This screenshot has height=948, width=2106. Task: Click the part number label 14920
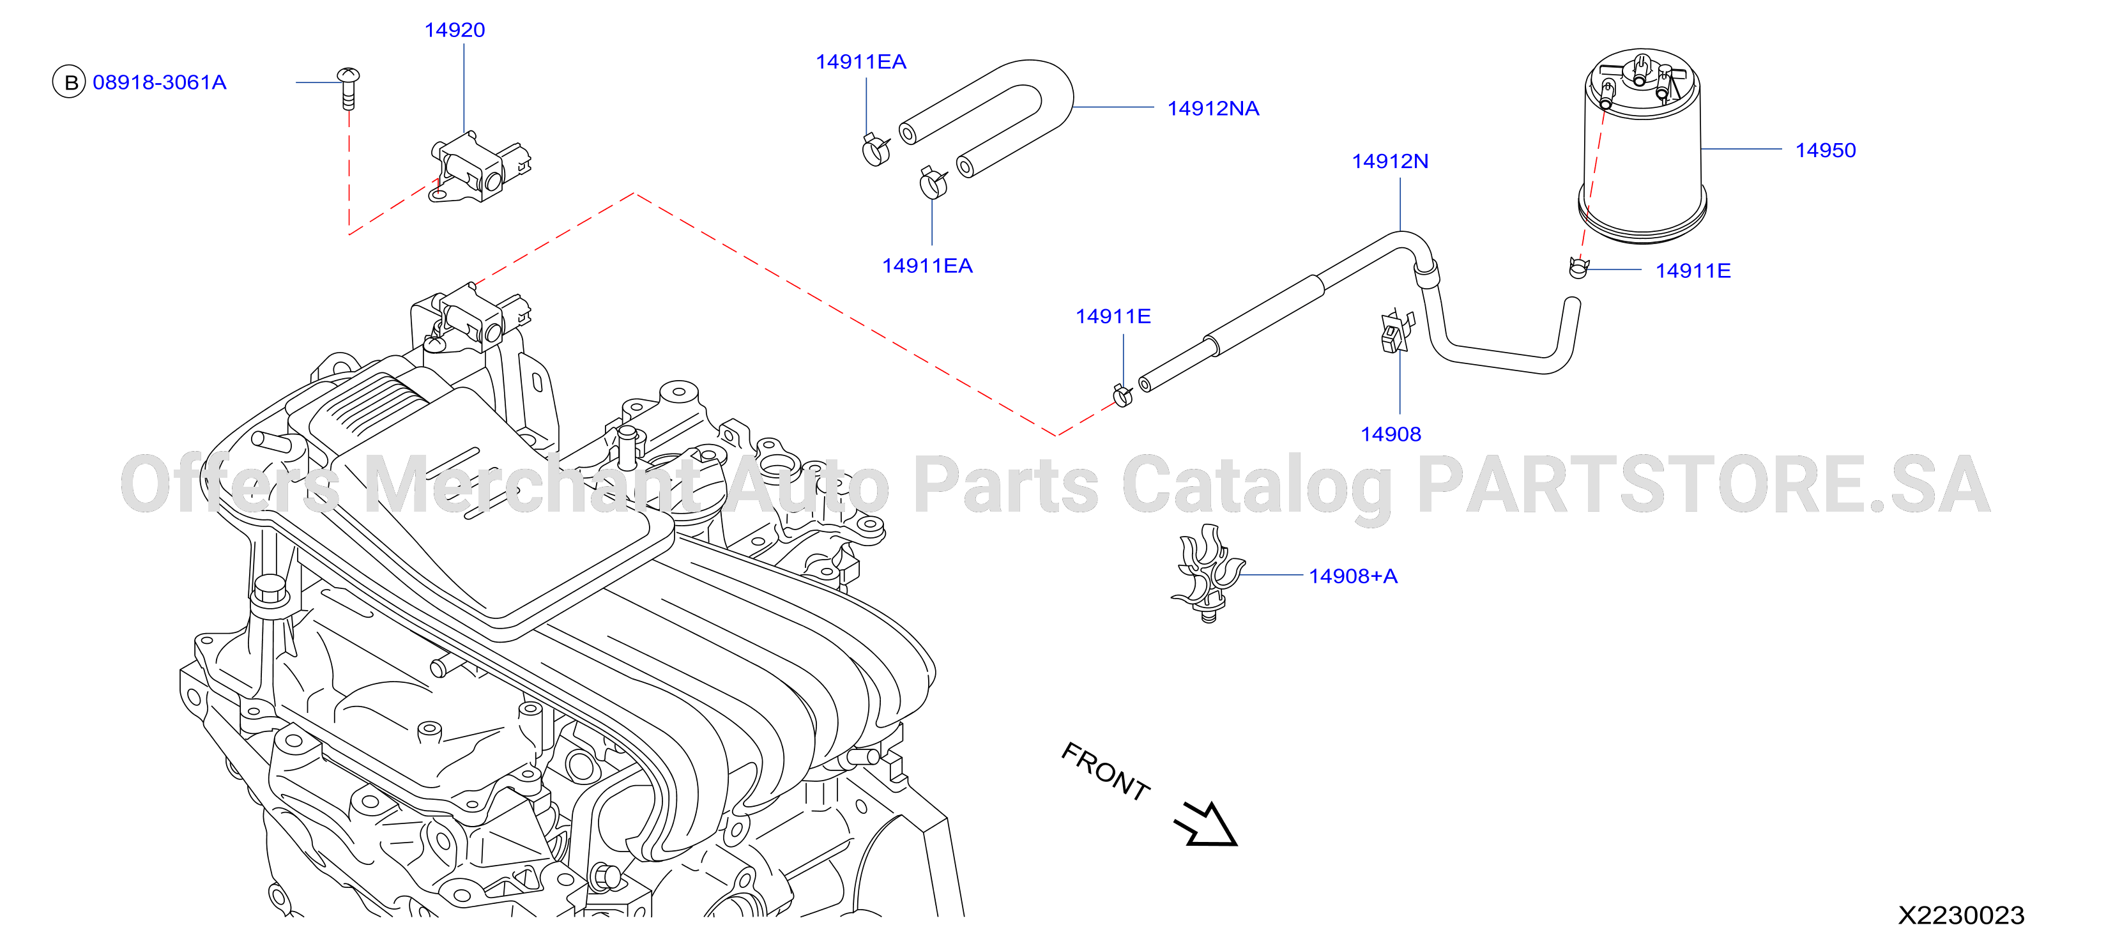click(x=455, y=30)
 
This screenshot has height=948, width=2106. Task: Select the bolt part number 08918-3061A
click(x=160, y=82)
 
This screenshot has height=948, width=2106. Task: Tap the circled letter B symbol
click(x=70, y=82)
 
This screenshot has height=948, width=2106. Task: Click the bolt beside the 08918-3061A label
click(x=348, y=88)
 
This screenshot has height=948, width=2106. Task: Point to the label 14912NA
click(x=1213, y=109)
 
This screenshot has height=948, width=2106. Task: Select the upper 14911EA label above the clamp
click(x=861, y=62)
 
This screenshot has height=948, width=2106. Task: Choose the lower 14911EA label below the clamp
click(x=927, y=266)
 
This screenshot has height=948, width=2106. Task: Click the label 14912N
click(x=1390, y=161)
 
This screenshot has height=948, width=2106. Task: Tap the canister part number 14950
click(x=1826, y=151)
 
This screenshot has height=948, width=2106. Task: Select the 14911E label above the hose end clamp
click(x=1113, y=317)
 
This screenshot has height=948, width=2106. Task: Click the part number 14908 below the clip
click(x=1391, y=434)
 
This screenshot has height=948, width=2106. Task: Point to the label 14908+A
click(x=1353, y=577)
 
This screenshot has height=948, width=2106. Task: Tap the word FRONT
click(x=1105, y=771)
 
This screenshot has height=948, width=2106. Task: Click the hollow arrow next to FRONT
click(x=1207, y=823)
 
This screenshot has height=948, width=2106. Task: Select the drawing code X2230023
click(x=1961, y=915)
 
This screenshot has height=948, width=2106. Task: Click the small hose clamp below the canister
click(x=1578, y=268)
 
